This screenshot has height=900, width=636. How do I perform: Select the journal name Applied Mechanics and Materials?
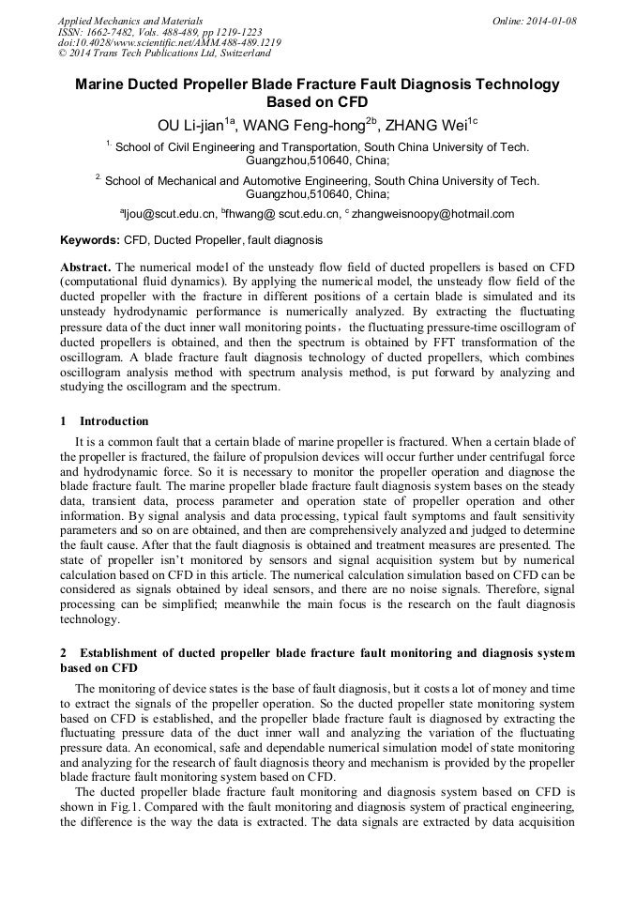pyautogui.click(x=129, y=21)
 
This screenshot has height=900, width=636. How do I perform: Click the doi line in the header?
pyautogui.click(x=169, y=42)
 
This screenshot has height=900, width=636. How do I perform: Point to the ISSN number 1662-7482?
pyautogui.click(x=119, y=32)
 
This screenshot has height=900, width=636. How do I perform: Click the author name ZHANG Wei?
pyautogui.click(x=427, y=123)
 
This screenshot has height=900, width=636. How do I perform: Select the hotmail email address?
pyautogui.click(x=432, y=214)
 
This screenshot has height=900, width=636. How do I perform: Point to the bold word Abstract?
pyautogui.click(x=86, y=267)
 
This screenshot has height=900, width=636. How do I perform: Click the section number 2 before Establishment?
pyautogui.click(x=64, y=652)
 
